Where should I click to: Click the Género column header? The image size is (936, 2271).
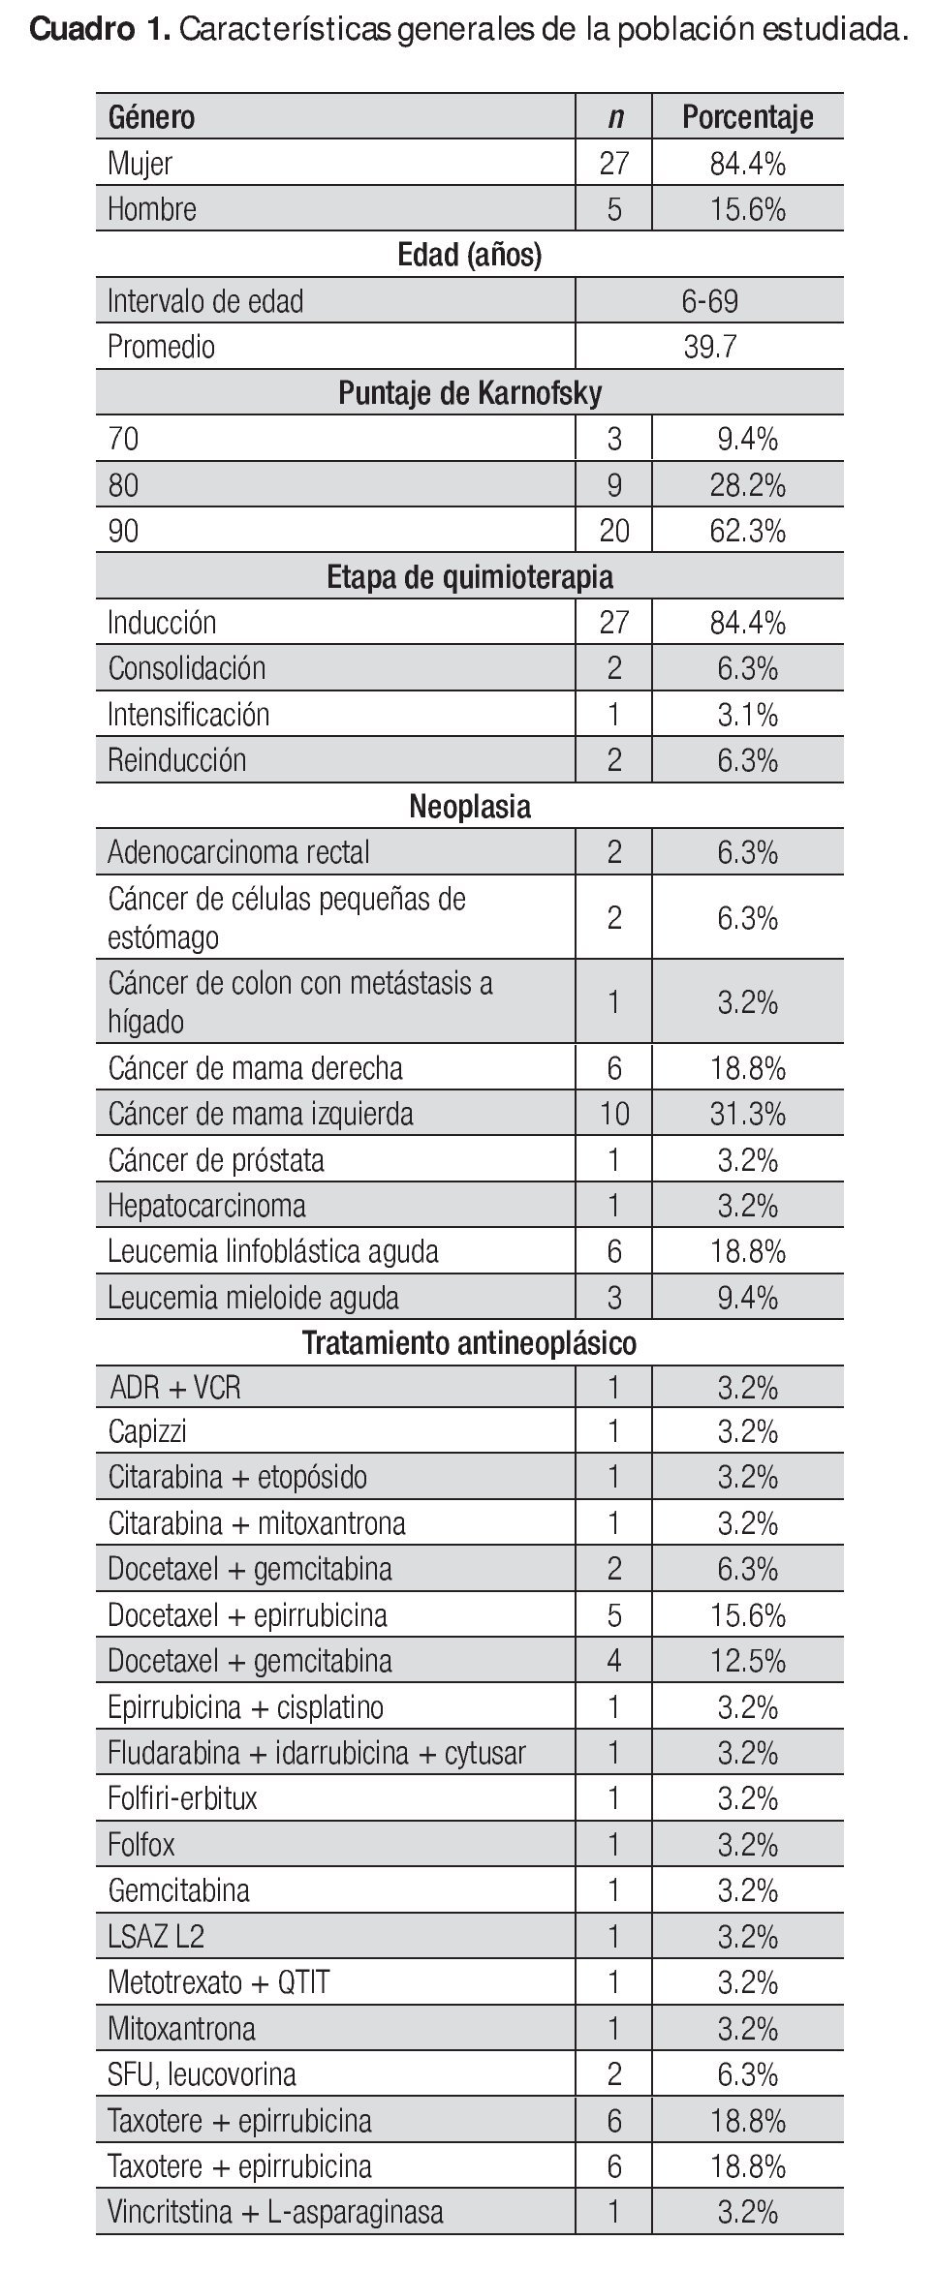click(151, 117)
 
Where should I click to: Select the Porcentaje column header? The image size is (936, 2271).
click(747, 117)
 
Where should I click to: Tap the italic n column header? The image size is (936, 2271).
click(614, 117)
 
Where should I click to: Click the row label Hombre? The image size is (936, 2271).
click(152, 209)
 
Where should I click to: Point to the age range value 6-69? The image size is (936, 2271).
click(709, 301)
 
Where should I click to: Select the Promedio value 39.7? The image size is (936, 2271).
click(709, 347)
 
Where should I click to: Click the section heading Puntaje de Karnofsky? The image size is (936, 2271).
click(470, 393)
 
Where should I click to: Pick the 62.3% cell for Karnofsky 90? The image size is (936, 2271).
click(747, 532)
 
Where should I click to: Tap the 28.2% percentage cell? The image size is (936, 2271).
click(747, 485)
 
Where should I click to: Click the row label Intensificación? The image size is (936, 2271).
click(188, 715)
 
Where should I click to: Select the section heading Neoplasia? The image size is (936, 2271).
click(470, 807)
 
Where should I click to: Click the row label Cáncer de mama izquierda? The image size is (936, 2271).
click(260, 1114)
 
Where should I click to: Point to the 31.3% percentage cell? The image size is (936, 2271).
click(747, 1114)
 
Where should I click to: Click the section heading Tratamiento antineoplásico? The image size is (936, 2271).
click(470, 1343)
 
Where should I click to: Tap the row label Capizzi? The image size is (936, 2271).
click(147, 1431)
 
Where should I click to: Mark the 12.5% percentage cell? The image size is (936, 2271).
click(747, 1661)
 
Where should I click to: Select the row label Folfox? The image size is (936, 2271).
click(141, 1845)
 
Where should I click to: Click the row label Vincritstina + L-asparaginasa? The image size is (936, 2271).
click(275, 2213)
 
